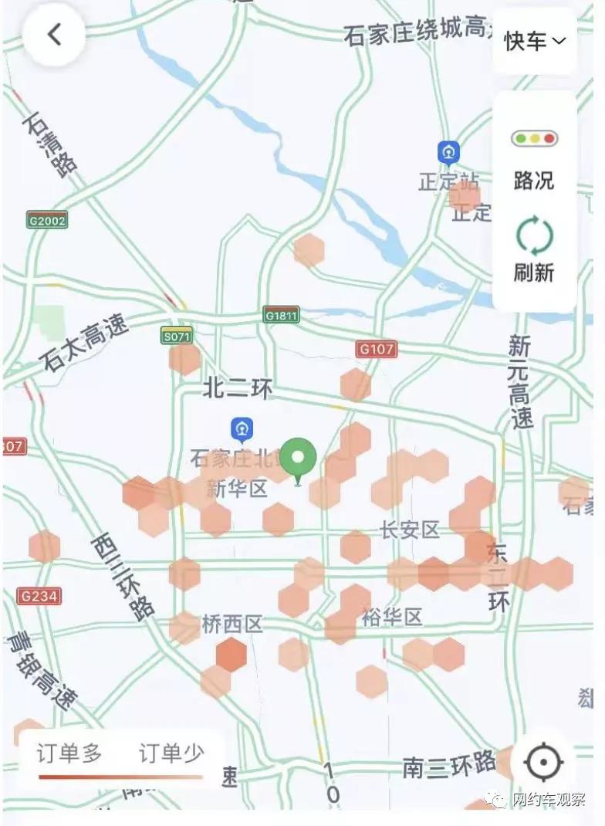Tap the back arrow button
point(54,35)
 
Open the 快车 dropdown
point(535,41)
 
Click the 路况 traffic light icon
point(534,140)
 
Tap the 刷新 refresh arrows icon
point(534,236)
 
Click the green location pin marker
point(298,458)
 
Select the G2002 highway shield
point(47,220)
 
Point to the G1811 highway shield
point(281,315)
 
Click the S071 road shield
point(177,336)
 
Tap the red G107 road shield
point(377,350)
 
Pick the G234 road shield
point(39,596)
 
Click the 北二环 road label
point(238,389)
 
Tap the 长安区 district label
point(410,530)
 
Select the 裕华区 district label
point(392,618)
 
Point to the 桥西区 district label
point(232,625)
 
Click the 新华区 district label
point(236,489)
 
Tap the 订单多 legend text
point(69,754)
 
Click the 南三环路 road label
point(449,766)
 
